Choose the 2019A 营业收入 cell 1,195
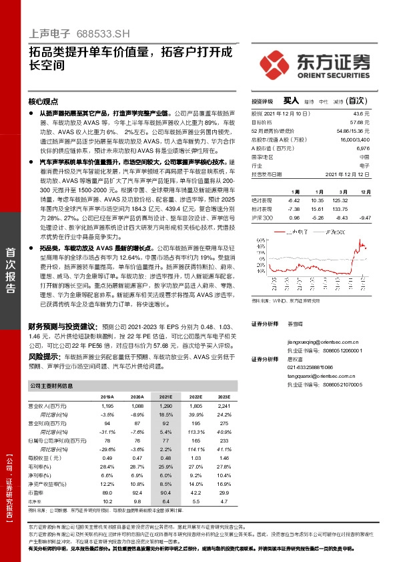pyautogui.click(x=107, y=406)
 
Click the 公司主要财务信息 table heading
pyautogui.click(x=52, y=386)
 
